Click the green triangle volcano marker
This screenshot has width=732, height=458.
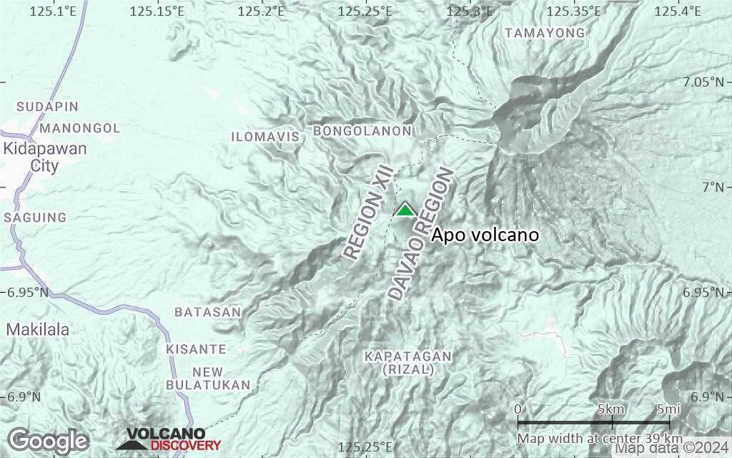coord(405,209)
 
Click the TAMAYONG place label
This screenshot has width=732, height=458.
coord(545,33)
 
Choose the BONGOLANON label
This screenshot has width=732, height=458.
coord(362,132)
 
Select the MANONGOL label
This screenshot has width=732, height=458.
coord(81,128)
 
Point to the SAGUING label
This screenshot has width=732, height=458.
coord(36,218)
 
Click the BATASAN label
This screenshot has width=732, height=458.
coord(208,313)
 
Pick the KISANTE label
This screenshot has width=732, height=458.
coord(197,349)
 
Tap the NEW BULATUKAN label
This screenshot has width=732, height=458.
coord(208,379)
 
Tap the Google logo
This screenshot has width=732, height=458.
coord(48,441)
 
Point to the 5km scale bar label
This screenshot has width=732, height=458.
coord(611,409)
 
